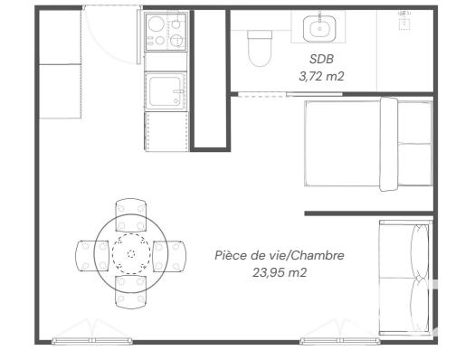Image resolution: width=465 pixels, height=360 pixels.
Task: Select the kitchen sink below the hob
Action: pyautogui.click(x=166, y=90)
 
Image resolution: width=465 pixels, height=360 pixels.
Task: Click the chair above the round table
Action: pyautogui.click(x=131, y=214)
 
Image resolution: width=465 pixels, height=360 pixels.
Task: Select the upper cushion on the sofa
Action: pyautogui.click(x=418, y=246)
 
